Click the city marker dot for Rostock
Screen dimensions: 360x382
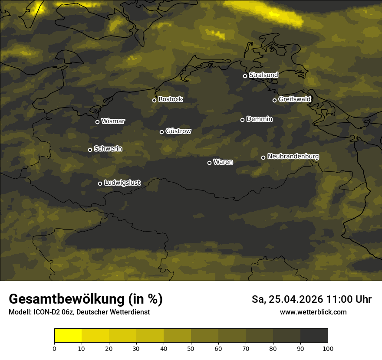154,100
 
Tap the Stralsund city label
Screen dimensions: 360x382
263,75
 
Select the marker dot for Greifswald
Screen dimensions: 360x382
274,100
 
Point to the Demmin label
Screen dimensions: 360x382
259,119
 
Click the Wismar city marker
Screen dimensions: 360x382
97,122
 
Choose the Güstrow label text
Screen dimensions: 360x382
178,131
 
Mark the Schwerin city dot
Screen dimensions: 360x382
90,150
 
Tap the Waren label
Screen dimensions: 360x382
223,162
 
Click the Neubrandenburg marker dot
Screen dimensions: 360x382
263,157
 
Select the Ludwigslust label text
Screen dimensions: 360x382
122,183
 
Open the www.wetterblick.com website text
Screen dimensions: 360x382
313,312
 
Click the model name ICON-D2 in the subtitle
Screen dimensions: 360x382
47,312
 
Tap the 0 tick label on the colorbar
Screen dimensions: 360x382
54,348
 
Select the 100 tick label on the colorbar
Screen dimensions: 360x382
328,348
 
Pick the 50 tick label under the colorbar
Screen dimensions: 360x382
191,348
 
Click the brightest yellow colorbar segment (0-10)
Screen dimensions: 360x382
68,336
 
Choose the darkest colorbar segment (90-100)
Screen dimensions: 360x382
314,336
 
